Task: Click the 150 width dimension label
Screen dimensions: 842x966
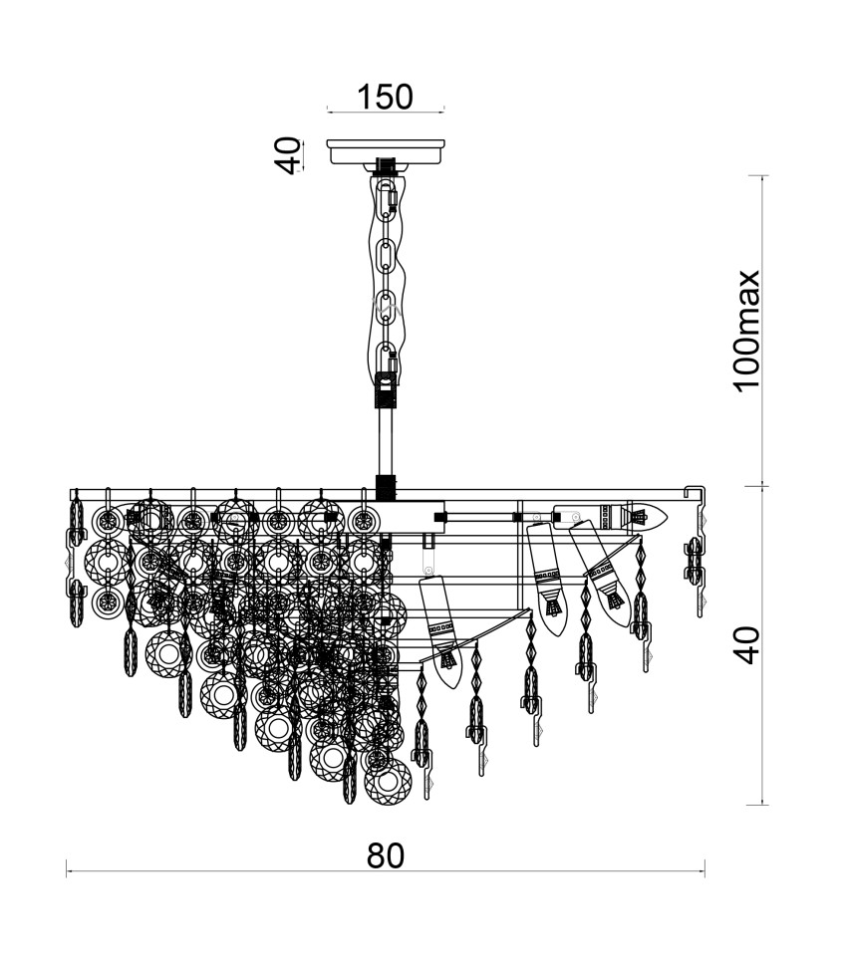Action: (386, 97)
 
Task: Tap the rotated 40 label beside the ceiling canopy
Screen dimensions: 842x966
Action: (287, 155)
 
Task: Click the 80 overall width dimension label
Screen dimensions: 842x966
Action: (386, 855)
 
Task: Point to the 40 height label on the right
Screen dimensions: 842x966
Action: (747, 645)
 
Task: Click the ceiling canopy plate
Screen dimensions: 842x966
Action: (386, 151)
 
